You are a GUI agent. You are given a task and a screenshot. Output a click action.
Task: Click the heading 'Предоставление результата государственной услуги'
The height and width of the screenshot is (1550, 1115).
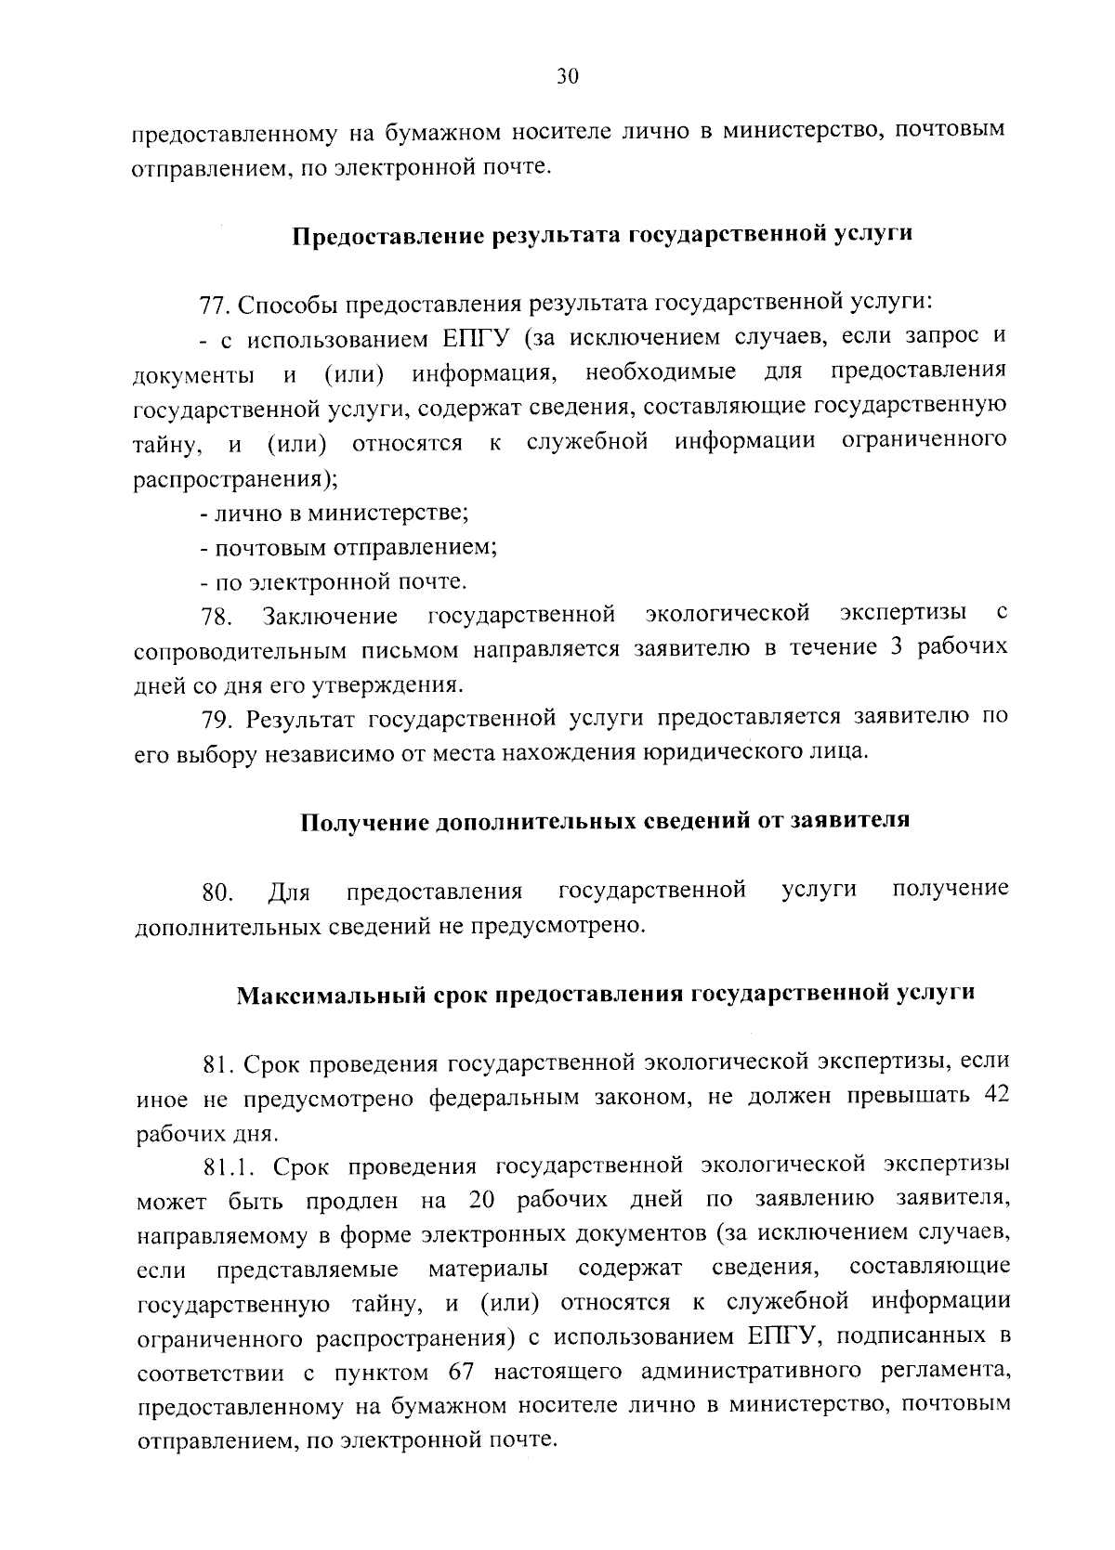(x=602, y=234)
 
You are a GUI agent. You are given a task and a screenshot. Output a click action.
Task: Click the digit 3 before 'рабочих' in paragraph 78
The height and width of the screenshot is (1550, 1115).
(x=896, y=648)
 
